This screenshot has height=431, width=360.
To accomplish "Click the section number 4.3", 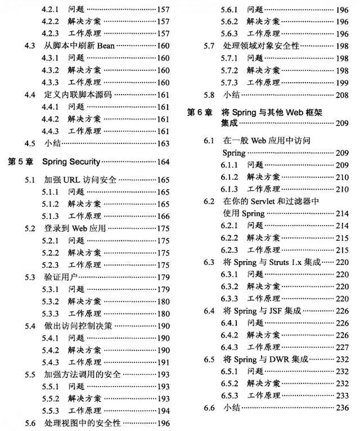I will pyautogui.click(x=31, y=46).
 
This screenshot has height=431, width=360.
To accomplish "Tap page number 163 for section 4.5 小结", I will pyautogui.click(x=163, y=143).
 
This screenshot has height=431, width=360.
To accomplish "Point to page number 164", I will pyautogui.click(x=163, y=162).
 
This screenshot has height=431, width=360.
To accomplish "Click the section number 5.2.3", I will pyautogui.click(x=51, y=265).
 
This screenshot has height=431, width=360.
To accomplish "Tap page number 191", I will pyautogui.click(x=163, y=362).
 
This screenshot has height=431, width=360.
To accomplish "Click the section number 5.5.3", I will pyautogui.click(x=51, y=411).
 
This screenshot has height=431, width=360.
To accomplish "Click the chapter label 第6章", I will pyautogui.click(x=200, y=113).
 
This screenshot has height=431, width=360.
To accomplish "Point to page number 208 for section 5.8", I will pyautogui.click(x=342, y=95).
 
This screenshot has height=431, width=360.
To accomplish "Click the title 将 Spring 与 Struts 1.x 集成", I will pyautogui.click(x=264, y=262).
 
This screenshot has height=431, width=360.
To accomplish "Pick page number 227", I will pyautogui.click(x=342, y=347).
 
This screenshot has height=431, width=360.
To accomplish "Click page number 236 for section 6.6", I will pyautogui.click(x=342, y=407).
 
